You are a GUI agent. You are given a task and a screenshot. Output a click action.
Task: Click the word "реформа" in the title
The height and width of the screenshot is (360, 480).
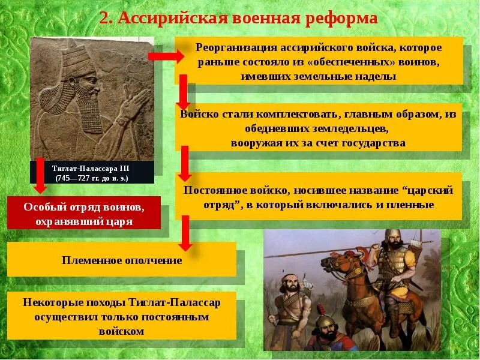tap(342, 18)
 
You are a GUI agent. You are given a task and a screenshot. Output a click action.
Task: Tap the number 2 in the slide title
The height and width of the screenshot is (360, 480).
tap(104, 19)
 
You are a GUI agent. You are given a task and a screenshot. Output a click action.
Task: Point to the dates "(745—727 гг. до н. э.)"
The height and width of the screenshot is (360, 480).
tap(92, 178)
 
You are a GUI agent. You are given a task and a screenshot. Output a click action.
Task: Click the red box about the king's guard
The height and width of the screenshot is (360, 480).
tap(84, 213)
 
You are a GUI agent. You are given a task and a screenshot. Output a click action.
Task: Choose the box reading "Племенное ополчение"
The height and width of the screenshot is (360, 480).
tap(122, 260)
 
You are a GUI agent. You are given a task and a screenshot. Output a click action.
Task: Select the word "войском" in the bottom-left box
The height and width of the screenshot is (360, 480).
tap(121, 331)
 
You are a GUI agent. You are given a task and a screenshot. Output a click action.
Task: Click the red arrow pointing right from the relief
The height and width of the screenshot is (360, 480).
tap(166, 56)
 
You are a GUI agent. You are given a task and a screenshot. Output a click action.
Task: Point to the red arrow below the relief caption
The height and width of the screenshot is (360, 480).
tap(40, 175)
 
